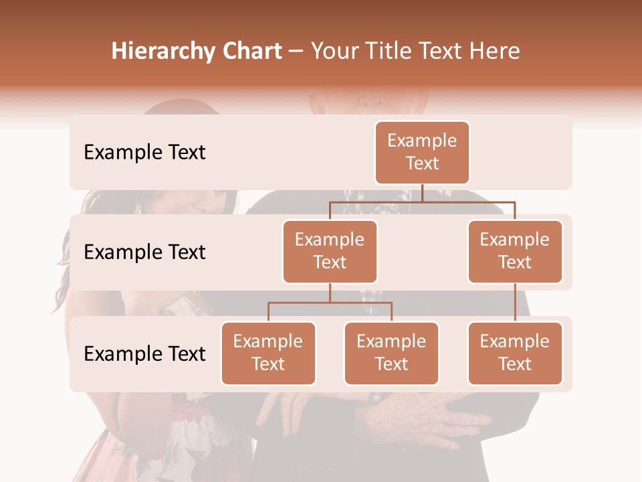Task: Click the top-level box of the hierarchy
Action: [422, 153]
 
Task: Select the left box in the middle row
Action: [330, 252]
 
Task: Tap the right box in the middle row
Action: [515, 252]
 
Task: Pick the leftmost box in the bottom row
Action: [268, 353]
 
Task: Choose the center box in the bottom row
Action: [391, 353]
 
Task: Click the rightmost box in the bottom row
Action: [515, 353]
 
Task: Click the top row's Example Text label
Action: [144, 153]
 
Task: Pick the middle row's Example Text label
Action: [144, 252]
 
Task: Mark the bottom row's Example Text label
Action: [144, 353]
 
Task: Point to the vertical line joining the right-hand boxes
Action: [515, 303]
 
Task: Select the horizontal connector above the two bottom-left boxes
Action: [330, 302]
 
